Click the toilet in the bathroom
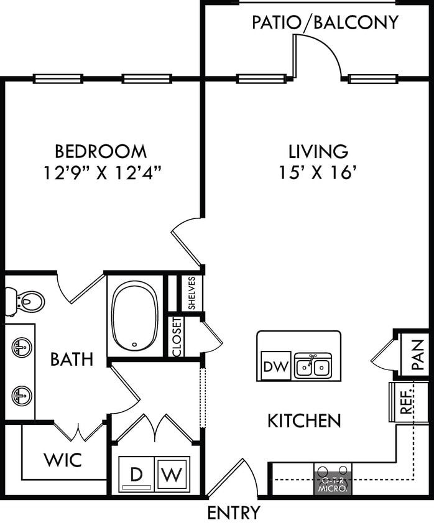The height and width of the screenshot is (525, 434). point(25,302)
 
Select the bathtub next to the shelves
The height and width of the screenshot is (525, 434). point(136,317)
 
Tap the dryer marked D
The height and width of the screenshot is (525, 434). point(136,476)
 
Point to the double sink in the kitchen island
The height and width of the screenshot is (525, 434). point(312,366)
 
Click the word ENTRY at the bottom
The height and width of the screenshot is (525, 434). point(234,513)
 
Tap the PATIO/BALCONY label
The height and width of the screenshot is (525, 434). point(325,22)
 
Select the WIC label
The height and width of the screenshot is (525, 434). point(62,460)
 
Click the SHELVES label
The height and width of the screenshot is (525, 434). point(192,293)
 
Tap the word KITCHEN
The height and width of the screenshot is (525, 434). point(304,421)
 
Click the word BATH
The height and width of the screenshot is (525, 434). point(72,359)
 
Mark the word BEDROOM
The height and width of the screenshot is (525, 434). point(101,151)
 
